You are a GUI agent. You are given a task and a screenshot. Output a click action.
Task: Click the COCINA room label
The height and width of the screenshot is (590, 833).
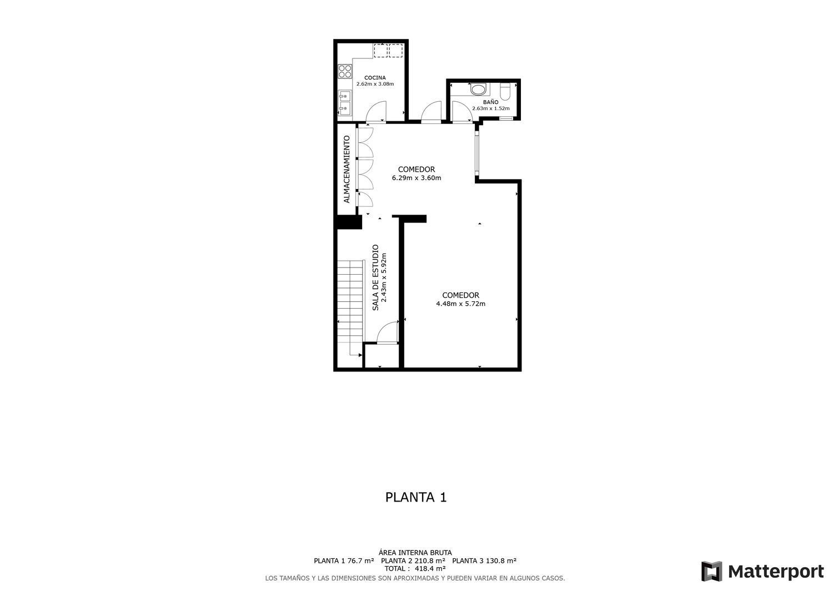375,78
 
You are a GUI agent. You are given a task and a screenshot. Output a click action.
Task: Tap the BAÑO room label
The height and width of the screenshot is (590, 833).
490,102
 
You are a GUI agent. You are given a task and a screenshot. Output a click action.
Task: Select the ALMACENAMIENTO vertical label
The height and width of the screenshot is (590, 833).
347,170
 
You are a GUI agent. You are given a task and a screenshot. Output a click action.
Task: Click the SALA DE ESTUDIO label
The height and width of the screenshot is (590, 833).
375,277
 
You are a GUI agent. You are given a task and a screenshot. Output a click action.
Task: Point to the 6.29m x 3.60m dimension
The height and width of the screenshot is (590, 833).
416,178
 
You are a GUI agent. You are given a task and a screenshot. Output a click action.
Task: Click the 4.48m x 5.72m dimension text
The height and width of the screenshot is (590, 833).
461,304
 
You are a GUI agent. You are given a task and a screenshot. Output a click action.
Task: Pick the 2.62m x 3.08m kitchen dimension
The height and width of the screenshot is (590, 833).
375,84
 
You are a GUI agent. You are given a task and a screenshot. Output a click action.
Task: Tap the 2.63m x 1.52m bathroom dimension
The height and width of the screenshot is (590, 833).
491,109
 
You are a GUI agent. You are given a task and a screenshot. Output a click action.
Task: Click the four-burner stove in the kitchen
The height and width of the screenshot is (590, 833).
345,72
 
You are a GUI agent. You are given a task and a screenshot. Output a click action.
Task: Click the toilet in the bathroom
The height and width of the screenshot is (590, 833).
505,91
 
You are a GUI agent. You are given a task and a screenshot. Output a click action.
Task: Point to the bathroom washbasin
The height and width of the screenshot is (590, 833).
478,90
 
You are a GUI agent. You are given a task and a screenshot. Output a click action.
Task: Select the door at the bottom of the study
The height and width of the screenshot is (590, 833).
388,332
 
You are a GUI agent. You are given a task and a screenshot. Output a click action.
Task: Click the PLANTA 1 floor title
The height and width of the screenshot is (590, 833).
416,498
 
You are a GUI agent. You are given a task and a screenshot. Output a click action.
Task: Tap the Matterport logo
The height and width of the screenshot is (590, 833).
762,571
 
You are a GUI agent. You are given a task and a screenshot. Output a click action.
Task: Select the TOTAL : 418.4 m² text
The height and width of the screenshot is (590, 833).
415,569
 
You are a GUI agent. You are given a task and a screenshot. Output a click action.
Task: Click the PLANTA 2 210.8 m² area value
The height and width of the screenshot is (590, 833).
413,561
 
